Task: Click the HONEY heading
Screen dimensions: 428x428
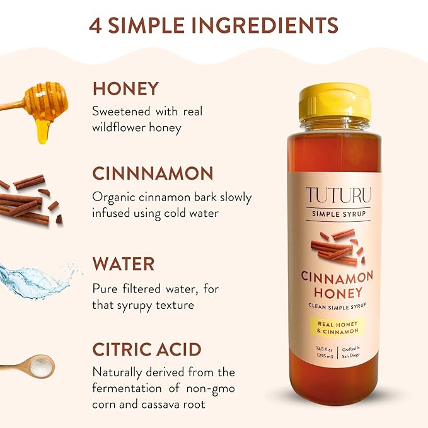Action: [125, 88]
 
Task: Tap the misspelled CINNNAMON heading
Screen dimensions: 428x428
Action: [153, 174]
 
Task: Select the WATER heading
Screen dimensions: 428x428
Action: [124, 263]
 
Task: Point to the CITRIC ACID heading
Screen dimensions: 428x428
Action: [147, 349]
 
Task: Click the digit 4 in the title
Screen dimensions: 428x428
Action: [96, 25]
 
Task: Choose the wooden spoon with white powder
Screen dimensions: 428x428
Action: [28, 366]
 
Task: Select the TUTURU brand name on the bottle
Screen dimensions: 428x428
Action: [339, 195]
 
